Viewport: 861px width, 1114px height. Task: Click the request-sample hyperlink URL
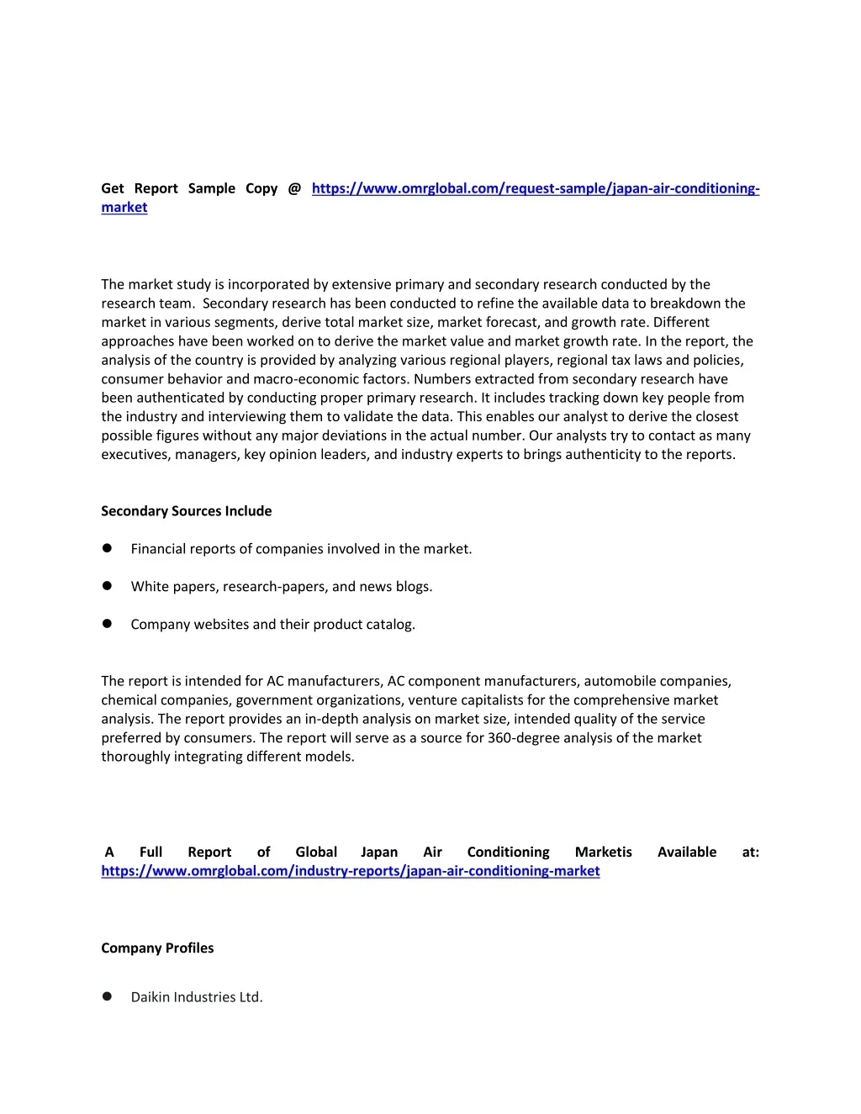(x=536, y=188)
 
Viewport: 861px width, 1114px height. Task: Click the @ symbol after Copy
(x=294, y=188)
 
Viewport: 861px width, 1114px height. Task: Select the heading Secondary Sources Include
(x=186, y=511)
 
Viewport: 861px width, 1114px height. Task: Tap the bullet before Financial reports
(x=107, y=548)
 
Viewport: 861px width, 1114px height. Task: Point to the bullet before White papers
(x=107, y=586)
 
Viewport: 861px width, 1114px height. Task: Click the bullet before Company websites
(x=107, y=624)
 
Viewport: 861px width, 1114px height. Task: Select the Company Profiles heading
(x=157, y=948)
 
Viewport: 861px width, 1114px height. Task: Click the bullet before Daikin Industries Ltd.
(x=107, y=996)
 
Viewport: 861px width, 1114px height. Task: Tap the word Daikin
(x=151, y=997)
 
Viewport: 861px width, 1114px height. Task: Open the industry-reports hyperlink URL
(x=351, y=871)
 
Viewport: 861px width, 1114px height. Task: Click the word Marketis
(x=603, y=852)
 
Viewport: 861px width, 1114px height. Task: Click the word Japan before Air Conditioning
(x=379, y=852)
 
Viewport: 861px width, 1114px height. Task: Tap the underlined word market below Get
(x=124, y=208)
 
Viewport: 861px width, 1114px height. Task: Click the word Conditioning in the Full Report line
(x=508, y=852)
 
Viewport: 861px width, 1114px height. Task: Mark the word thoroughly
(x=135, y=757)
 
